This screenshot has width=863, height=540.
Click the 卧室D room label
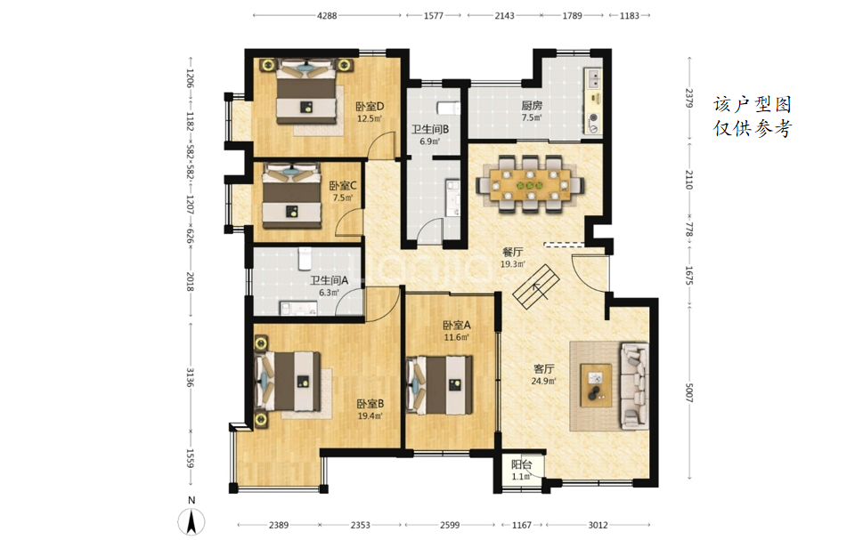pos(370,106)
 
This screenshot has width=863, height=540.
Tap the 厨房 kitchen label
pos(532,106)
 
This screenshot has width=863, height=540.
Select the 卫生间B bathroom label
pos(430,129)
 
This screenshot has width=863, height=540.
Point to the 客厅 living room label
pos(543,369)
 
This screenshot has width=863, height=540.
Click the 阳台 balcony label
pos(521,465)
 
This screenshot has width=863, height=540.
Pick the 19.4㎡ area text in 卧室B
pos(370,415)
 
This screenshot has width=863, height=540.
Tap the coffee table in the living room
pos(596,385)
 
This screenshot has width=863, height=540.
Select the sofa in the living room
pos(635,385)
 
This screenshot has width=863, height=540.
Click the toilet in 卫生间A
pos(305,259)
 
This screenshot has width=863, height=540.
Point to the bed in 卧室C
pos(291,195)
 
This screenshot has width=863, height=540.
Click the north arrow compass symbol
pos(191,520)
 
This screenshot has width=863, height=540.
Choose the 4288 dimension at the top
pos(326,15)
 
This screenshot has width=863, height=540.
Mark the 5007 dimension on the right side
pos(688,392)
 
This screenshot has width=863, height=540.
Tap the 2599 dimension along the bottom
pos(450,525)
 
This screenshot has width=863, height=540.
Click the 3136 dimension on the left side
pos(190,377)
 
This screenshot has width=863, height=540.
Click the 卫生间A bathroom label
pos(329,280)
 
